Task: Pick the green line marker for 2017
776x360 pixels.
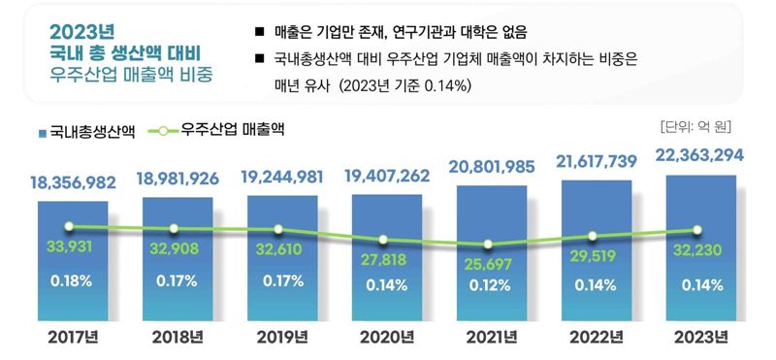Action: pos(69,226)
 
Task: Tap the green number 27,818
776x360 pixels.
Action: pos(383,260)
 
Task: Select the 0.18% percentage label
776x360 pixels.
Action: pos(69,282)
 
